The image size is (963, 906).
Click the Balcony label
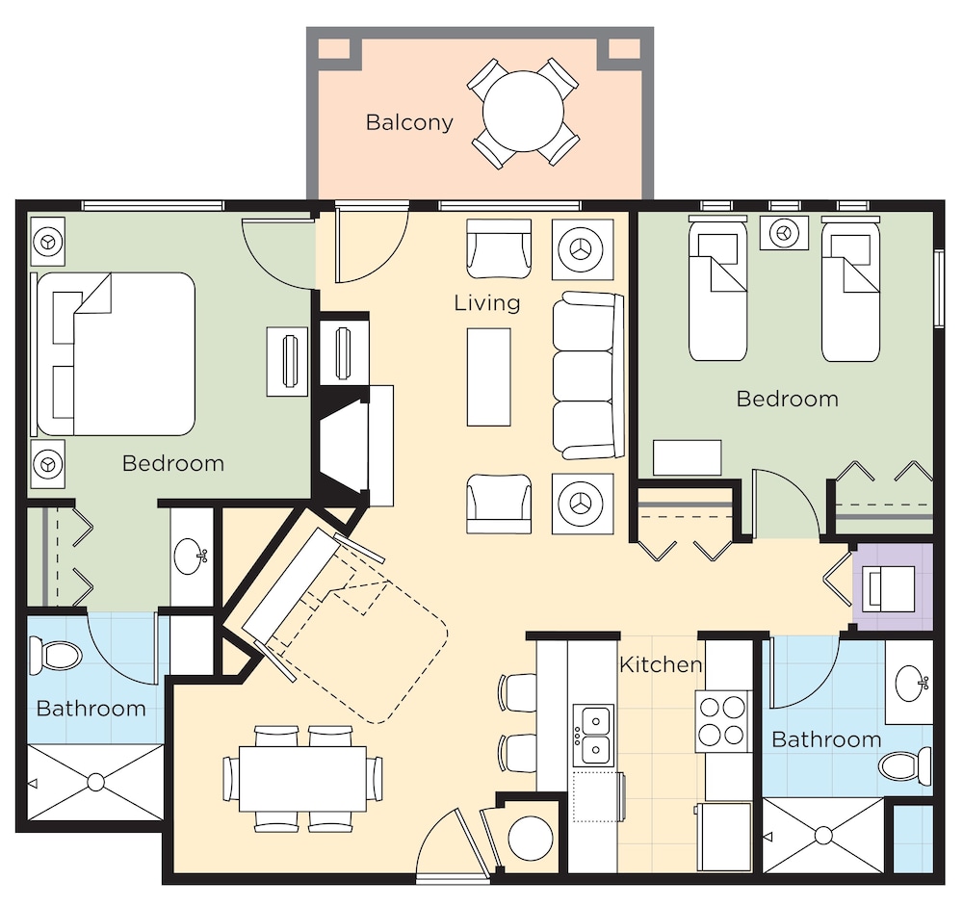click(x=408, y=122)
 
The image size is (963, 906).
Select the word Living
click(x=487, y=303)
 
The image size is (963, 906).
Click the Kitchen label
click(x=660, y=664)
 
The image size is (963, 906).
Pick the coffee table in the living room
click(x=488, y=376)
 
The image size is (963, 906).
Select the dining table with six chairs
click(x=302, y=778)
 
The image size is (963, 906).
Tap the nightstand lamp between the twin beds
click(x=784, y=232)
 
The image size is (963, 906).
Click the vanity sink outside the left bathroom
click(x=192, y=554)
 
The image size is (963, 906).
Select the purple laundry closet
click(x=893, y=586)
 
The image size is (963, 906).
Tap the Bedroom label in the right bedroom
click(x=787, y=399)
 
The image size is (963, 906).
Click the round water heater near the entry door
click(x=530, y=838)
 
